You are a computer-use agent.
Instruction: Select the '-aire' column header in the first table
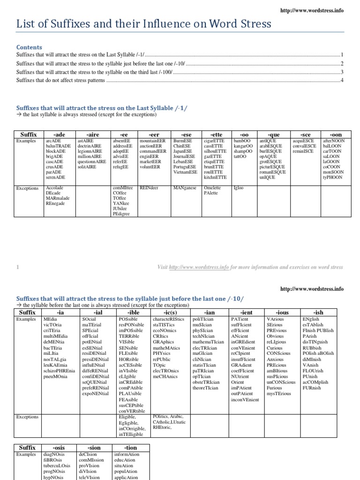[x=92, y=135]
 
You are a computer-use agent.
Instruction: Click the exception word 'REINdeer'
[x=150, y=188]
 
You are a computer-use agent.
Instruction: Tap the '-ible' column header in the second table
[x=133, y=312]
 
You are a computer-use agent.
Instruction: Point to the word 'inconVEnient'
[x=245, y=399]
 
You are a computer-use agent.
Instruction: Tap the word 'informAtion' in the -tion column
[x=127, y=454]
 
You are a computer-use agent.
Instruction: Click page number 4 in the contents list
[x=342, y=80]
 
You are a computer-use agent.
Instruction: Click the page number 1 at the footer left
[x=17, y=267]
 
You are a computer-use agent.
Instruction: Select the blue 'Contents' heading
[x=29, y=47]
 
